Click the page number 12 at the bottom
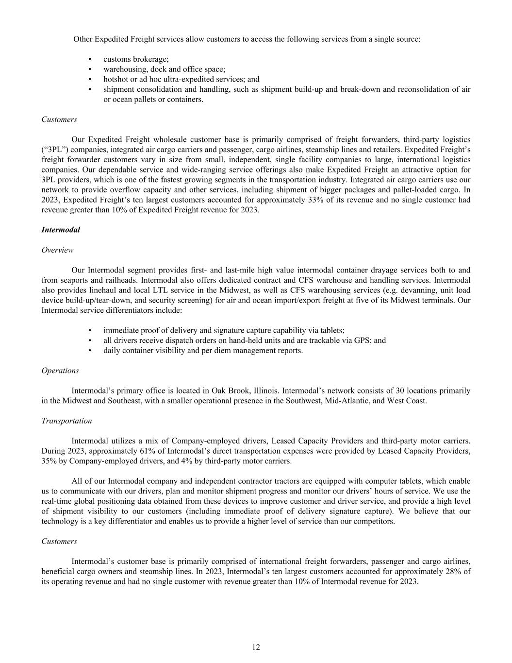pos(256,647)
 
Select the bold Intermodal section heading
pos(61,230)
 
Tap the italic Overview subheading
pos(57,250)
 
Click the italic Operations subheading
pos(60,371)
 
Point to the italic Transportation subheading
pos(66,421)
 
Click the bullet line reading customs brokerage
pos(136,59)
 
